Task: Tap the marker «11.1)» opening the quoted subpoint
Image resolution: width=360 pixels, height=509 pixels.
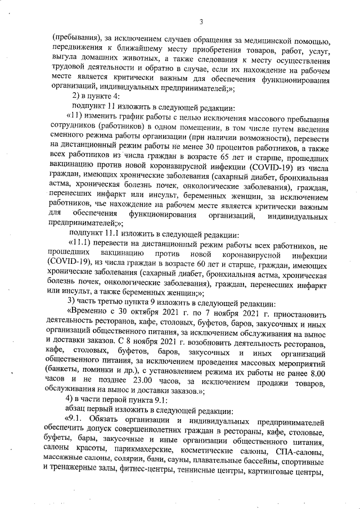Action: tap(78, 245)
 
